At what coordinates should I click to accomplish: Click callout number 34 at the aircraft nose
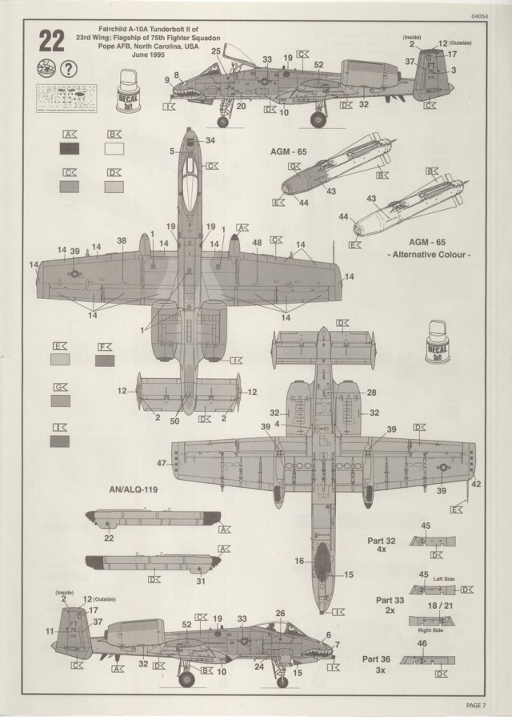[210, 140]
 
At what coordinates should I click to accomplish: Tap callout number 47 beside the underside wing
[162, 462]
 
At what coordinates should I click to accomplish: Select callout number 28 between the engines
[370, 393]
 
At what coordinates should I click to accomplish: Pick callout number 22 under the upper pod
[109, 538]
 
